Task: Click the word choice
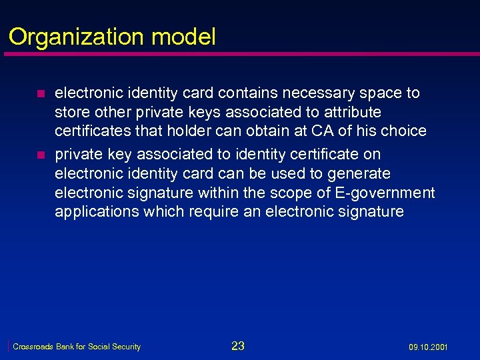405,131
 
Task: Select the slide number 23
238,345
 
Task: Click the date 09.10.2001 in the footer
428,347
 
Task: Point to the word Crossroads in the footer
33,347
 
